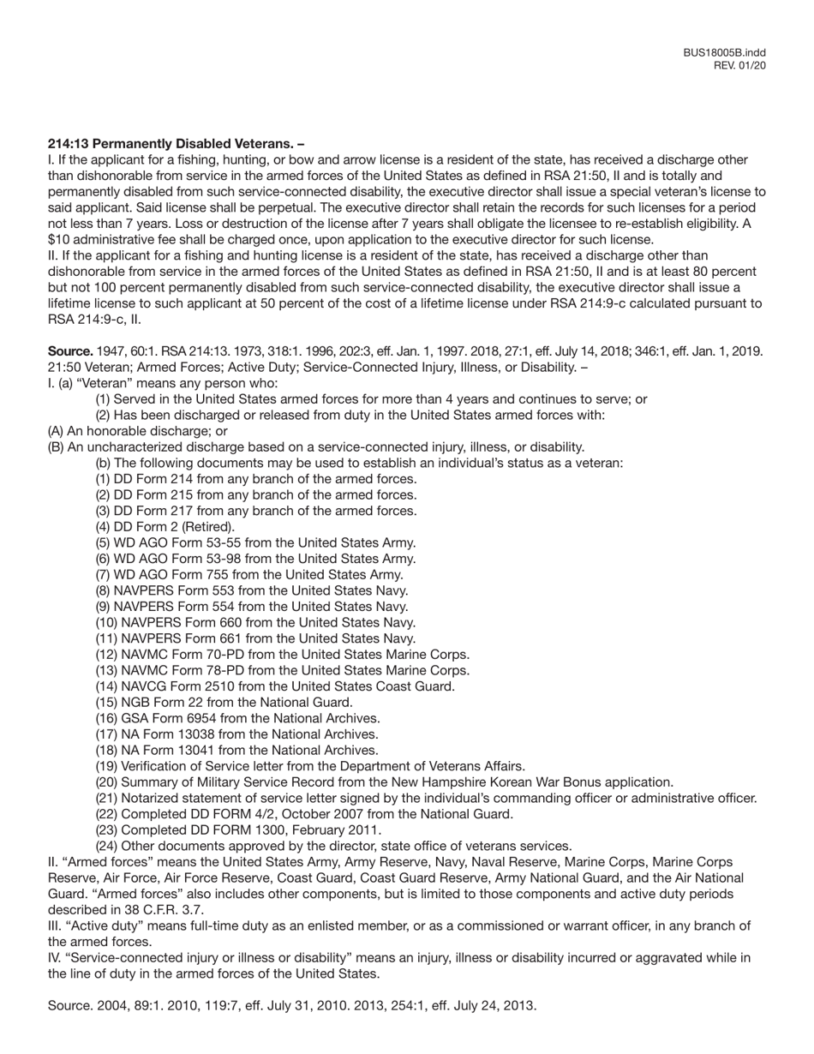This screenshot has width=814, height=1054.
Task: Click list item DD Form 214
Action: pyautogui.click(x=256, y=479)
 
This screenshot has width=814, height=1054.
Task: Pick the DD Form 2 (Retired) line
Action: pyautogui.click(x=165, y=527)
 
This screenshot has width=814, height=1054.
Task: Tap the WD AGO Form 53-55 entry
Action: pyautogui.click(x=255, y=542)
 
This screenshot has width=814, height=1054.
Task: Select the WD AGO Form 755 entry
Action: pyautogui.click(x=249, y=574)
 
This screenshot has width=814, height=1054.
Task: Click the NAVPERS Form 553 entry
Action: pyautogui.click(x=252, y=590)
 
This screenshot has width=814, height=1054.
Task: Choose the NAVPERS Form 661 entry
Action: pyautogui.click(x=255, y=638)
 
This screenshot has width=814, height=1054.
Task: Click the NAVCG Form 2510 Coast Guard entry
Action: pyautogui.click(x=275, y=686)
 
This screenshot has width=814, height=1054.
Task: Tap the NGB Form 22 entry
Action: pyautogui.click(x=224, y=702)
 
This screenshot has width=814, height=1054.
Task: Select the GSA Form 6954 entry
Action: pyautogui.click(x=237, y=718)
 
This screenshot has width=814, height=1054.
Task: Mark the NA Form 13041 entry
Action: pyautogui.click(x=236, y=750)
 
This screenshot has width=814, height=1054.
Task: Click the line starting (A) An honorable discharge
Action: pyautogui.click(x=137, y=431)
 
